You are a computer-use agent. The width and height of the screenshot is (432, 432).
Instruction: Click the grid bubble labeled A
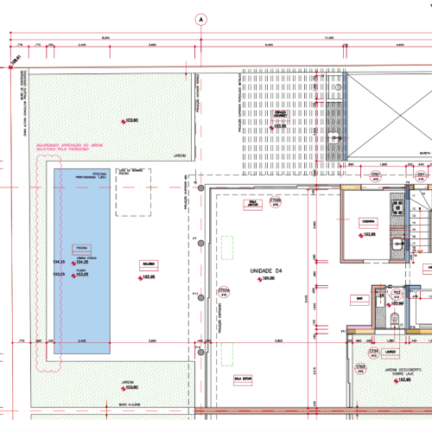[200, 18]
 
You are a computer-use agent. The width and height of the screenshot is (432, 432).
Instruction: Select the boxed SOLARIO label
[149, 264]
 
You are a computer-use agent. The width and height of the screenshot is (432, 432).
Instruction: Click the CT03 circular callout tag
[376, 175]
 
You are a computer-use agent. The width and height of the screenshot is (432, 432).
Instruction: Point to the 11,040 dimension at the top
[329, 38]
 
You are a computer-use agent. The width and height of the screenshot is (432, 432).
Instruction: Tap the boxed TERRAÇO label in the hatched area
[279, 113]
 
